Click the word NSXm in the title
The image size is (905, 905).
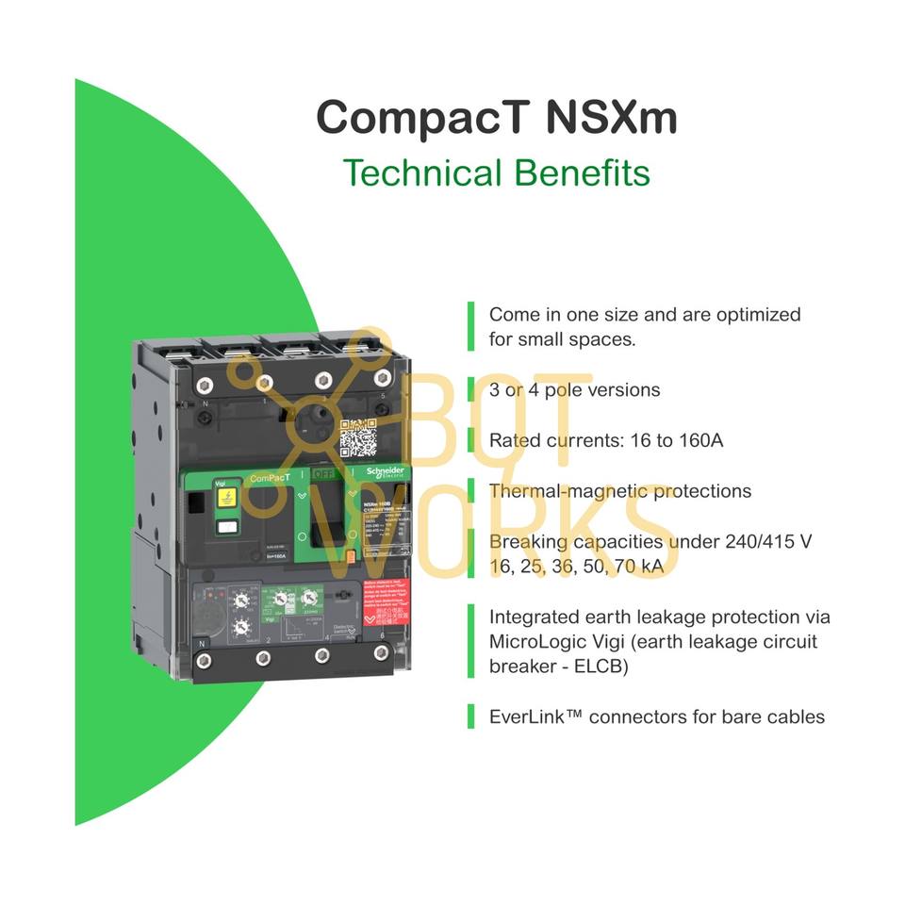611,119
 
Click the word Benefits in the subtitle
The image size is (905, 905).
581,173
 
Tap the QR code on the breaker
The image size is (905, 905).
358,437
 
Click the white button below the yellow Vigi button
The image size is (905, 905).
226,528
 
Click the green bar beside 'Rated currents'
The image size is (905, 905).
470,440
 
